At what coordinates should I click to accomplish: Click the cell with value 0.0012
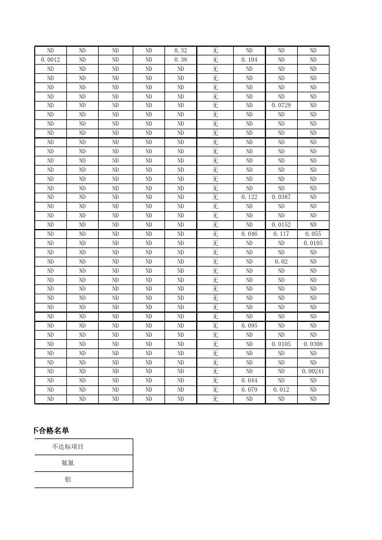pos(51,60)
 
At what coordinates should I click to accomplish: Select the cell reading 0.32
pos(181,51)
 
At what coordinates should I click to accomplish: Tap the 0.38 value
pos(181,60)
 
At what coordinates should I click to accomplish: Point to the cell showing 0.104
pos(249,60)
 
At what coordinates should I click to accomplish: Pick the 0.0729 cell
pos(281,106)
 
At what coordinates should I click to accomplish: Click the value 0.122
pos(249,197)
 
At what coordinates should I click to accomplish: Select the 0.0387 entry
pos(281,197)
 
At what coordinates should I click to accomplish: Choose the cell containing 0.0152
pos(281,225)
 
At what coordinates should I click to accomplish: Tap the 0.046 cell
pos(249,234)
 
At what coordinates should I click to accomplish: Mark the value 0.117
pos(281,234)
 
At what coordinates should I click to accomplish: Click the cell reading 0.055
pos(313,234)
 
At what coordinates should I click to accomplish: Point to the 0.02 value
pos(281,262)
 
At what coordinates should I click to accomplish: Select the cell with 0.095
pos(249,326)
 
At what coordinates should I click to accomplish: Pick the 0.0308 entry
pos(313,344)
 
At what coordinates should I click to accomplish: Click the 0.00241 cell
pos(313,372)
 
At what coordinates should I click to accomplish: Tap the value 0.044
pos(249,381)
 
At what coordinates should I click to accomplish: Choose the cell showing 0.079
pos(249,390)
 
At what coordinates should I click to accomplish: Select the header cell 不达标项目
pos(68,447)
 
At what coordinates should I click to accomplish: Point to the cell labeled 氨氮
pos(68,463)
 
